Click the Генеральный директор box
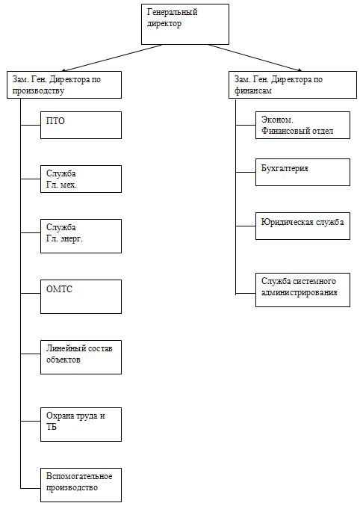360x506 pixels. point(185,24)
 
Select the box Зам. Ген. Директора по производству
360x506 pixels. point(64,85)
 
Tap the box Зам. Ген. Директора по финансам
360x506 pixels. point(293,85)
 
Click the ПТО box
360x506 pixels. point(81,126)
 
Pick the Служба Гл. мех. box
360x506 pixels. point(81,179)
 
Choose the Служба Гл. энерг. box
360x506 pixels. point(81,236)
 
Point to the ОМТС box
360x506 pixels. point(81,297)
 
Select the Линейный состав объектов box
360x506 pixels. point(81,357)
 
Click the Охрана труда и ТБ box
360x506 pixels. point(81,425)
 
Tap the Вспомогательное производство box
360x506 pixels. point(81,485)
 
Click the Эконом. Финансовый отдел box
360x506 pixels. point(303,126)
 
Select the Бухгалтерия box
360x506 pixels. point(303,173)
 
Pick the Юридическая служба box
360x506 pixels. point(303,226)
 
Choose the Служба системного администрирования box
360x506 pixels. point(303,290)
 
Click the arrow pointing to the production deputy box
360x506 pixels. point(111,58)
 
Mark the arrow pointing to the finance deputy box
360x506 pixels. point(255,58)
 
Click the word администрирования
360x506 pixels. point(299,293)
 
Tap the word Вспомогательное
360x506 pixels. point(79,476)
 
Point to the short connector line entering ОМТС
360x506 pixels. point(31,293)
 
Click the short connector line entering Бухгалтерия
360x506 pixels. point(246,173)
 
